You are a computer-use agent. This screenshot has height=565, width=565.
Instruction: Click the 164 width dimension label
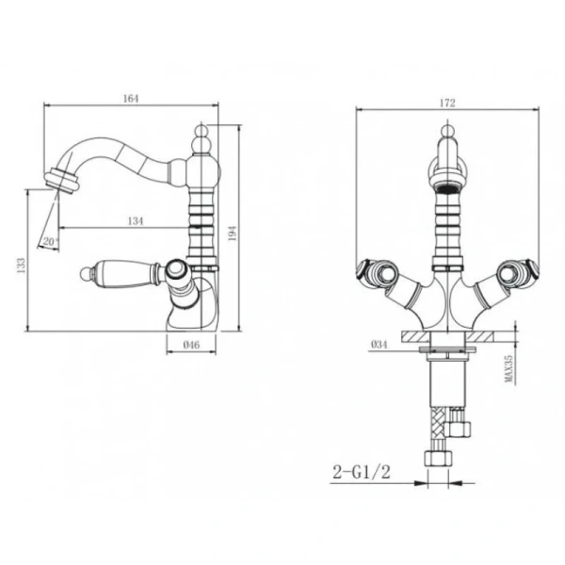pyautogui.click(x=131, y=98)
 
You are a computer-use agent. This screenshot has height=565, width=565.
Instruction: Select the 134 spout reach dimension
pyautogui.click(x=136, y=221)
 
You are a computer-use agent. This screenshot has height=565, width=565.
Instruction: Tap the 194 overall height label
pyautogui.click(x=232, y=234)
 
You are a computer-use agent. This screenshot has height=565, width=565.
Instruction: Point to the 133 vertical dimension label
pyautogui.click(x=22, y=266)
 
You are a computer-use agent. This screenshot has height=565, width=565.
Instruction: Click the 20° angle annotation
pyautogui.click(x=51, y=241)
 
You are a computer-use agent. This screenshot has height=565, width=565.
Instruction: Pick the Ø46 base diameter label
pyautogui.click(x=191, y=345)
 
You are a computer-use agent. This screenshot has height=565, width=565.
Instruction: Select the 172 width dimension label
pyautogui.click(x=447, y=103)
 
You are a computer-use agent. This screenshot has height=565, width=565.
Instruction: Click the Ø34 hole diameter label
pyautogui.click(x=379, y=345)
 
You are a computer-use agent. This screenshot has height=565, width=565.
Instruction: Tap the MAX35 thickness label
pyautogui.click(x=508, y=368)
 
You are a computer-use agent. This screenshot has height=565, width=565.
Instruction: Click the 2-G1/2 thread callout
pyautogui.click(x=362, y=472)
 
